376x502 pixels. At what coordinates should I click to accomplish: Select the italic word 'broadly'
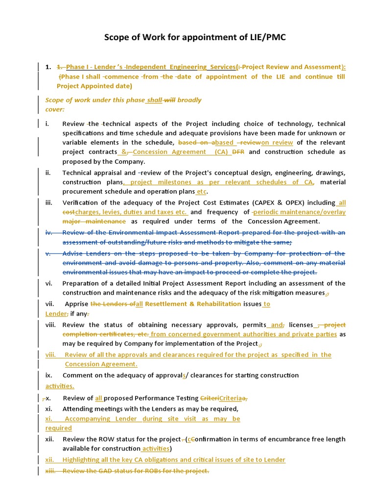(189, 100)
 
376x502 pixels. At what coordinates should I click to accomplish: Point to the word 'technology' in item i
(292, 124)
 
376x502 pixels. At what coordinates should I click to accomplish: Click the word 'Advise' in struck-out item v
(73, 253)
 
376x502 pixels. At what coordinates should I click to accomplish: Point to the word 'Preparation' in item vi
(82, 283)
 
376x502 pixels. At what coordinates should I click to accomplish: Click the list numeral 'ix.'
(48, 375)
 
